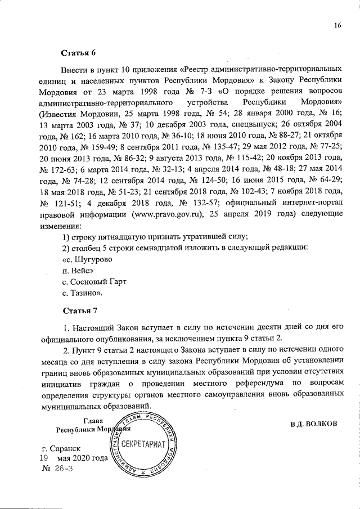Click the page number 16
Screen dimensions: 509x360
(337, 25)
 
